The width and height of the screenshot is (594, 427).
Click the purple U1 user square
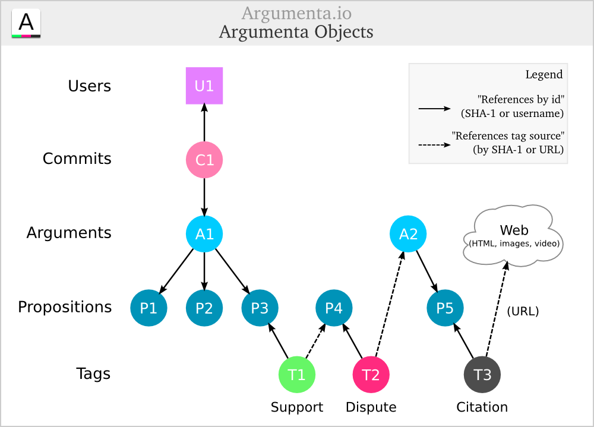(204, 86)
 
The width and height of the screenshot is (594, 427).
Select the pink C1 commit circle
(204, 159)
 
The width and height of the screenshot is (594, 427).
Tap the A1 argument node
(204, 233)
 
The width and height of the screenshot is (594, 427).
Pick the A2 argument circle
(408, 233)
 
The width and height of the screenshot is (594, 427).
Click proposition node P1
(148, 308)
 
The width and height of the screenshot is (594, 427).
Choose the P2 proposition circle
(204, 308)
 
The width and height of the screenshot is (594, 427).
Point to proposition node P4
(334, 308)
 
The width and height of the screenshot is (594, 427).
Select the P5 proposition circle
(445, 308)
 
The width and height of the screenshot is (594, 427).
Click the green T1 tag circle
(296, 374)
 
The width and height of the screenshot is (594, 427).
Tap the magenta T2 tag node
(371, 374)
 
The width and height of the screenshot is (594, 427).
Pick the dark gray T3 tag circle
(482, 374)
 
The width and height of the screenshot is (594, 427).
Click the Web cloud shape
(514, 235)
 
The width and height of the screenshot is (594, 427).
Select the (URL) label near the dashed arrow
(523, 311)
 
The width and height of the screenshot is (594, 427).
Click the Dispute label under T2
(371, 407)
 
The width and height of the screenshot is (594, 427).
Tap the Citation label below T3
(482, 407)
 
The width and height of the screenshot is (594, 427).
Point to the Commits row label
(77, 159)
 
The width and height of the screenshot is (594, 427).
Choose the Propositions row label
(65, 307)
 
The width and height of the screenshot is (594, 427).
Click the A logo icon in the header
(26, 24)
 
